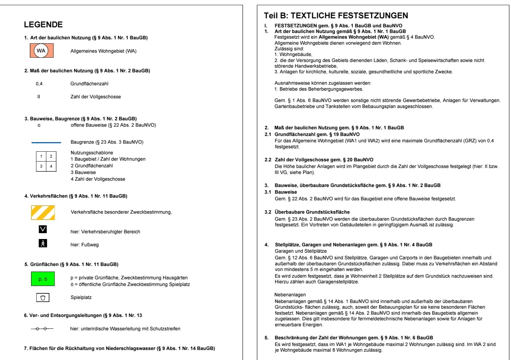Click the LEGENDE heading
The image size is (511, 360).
point(43,25)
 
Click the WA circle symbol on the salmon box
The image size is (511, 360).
point(41,51)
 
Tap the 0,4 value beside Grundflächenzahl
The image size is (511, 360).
point(39,84)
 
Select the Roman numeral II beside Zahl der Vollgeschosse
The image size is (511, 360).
point(39,97)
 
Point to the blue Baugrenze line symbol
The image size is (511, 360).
point(46,142)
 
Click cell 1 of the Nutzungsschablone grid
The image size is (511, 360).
point(41,156)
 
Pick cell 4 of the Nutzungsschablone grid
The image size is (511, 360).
point(51,166)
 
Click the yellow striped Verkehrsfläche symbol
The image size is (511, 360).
point(43,213)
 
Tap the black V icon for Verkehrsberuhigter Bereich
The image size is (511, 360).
point(43,229)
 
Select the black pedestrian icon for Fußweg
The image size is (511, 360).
point(43,243)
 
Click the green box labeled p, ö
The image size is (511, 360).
point(43,279)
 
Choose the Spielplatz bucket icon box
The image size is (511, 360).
point(43,297)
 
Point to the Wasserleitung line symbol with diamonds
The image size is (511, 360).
point(42,329)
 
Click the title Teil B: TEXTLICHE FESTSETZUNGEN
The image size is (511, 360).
point(336,16)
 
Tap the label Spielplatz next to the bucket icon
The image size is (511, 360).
point(81,297)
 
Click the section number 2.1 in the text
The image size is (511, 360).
point(268,134)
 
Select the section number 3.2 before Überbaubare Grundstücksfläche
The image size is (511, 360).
point(268,212)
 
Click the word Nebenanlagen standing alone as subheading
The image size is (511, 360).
point(290,295)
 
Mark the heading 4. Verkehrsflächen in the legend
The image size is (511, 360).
point(76,196)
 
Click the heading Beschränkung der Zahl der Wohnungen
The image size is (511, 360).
point(354,338)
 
